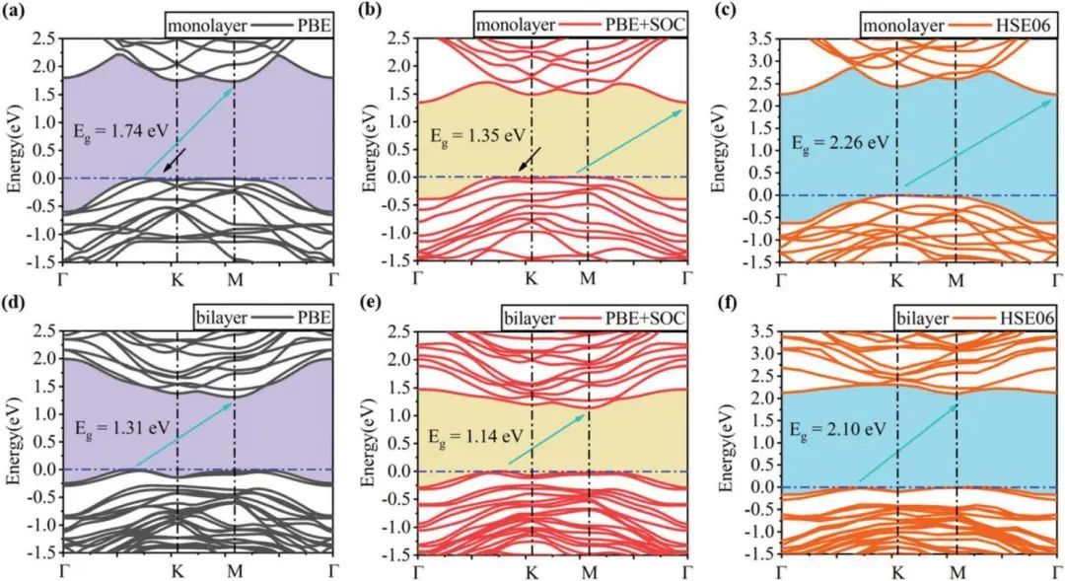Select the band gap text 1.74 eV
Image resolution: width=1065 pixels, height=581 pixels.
point(105,129)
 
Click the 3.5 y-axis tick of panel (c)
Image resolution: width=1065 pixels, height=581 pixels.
point(759,37)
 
